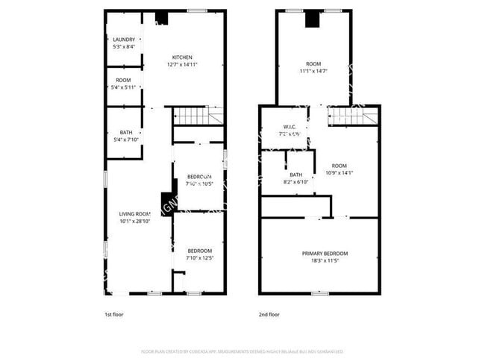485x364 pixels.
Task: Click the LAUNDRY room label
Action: point(125,40)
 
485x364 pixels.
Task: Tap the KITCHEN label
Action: point(183,57)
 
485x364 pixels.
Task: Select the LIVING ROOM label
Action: point(135,214)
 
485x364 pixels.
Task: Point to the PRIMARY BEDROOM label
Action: point(325,254)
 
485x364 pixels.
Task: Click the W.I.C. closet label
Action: point(291,127)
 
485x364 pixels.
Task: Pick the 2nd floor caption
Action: point(269,315)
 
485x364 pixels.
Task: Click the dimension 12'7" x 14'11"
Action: point(183,65)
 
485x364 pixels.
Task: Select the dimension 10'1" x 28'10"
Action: point(135,222)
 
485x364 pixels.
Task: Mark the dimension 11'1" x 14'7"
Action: point(313,72)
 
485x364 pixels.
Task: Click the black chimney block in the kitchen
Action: point(161,19)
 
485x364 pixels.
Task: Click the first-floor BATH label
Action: point(126,133)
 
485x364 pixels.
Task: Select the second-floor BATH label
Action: point(296,175)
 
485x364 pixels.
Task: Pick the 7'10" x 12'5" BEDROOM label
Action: point(199,251)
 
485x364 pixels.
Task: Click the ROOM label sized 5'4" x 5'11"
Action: point(124,80)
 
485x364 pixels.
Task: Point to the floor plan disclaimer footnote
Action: point(242,351)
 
